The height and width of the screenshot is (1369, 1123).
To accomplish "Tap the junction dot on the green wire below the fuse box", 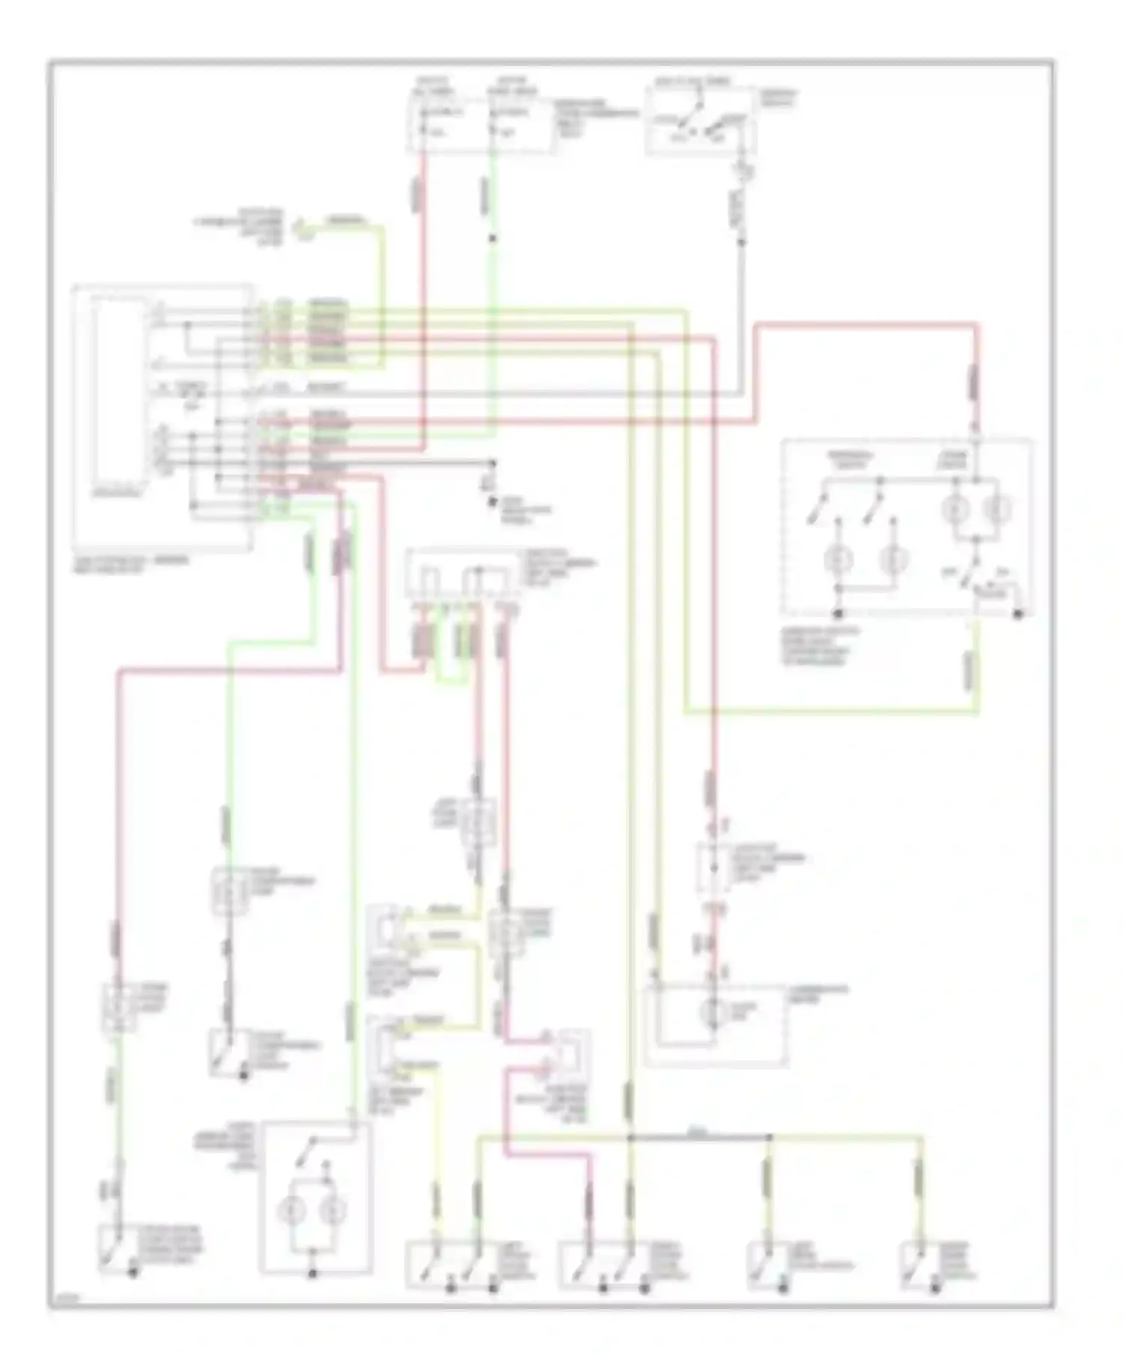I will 492,239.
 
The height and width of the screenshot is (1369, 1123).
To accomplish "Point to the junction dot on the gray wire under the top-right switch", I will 742,242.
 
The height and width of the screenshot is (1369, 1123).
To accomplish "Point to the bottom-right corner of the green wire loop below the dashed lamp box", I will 977,713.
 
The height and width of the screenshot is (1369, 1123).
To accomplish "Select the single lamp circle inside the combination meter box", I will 713,1013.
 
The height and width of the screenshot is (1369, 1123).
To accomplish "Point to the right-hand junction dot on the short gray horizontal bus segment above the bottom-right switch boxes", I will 769,1138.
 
